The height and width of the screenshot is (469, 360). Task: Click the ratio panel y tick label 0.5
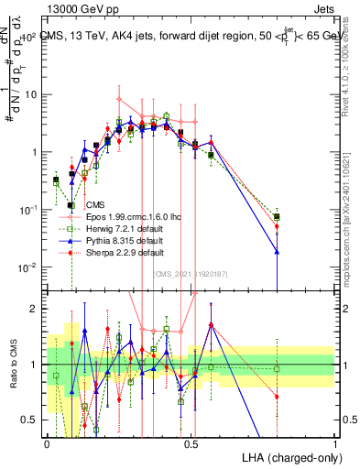point(33,420)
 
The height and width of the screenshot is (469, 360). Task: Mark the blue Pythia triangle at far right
point(278,251)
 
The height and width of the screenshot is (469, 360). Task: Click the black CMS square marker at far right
point(278,216)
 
